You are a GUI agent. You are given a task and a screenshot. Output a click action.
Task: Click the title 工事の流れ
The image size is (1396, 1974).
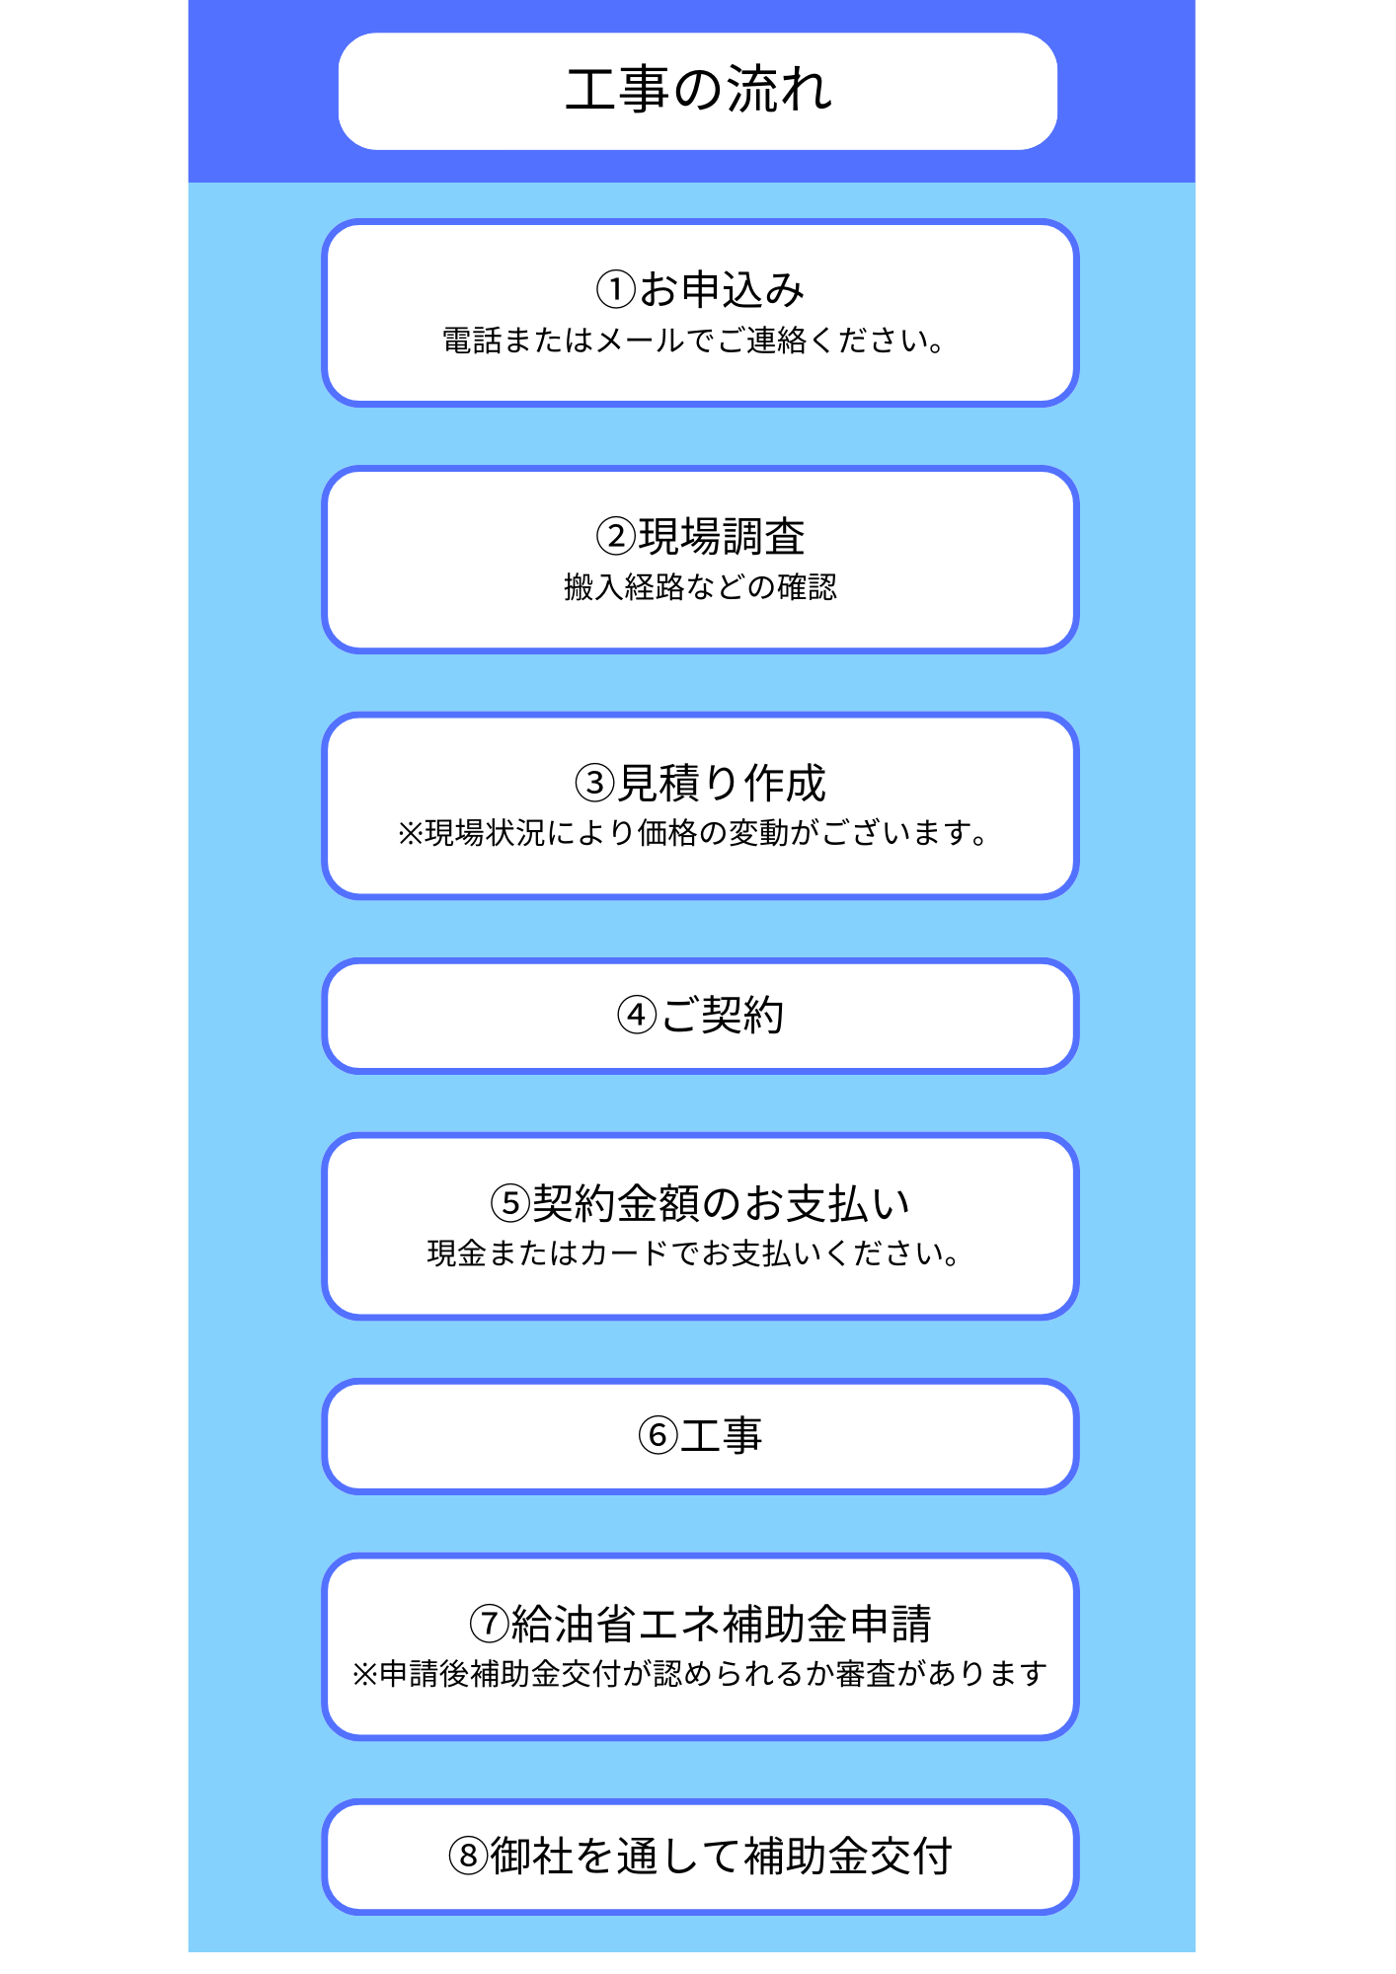[x=699, y=90]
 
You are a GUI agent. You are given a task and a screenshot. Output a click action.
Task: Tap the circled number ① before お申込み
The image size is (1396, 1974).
[x=616, y=290]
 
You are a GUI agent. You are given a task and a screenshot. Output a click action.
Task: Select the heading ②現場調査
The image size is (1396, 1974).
[x=700, y=537]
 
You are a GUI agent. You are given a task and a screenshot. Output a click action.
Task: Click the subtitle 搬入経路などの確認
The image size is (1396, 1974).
[x=700, y=587]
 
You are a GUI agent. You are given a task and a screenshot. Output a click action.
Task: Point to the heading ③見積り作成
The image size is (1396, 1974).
[x=700, y=784]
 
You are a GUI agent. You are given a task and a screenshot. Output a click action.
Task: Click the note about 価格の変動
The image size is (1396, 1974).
[x=692, y=834]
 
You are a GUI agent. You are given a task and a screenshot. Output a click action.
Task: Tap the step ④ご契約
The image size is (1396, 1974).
[x=700, y=1016]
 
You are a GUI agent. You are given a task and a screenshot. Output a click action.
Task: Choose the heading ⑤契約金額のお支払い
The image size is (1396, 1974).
[x=700, y=1203]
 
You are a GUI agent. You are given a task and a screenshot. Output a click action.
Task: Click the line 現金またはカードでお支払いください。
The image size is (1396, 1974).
[x=693, y=1253]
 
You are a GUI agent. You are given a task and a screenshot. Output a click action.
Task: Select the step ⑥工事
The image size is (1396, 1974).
[x=700, y=1436]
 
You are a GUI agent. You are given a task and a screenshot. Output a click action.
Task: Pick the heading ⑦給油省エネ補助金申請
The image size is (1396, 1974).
[x=700, y=1624]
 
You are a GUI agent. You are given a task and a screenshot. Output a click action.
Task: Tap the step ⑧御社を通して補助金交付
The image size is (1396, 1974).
[x=700, y=1856]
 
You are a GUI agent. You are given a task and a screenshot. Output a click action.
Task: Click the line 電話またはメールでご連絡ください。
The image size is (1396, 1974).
[x=693, y=341]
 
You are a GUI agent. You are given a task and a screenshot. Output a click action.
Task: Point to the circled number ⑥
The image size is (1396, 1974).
[x=658, y=1436]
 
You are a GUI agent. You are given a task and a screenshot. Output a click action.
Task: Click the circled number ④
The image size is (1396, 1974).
[x=636, y=1016]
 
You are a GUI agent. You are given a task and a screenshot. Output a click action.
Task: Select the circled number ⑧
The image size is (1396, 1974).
[x=468, y=1856]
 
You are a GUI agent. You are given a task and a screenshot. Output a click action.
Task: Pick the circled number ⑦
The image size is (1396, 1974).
[x=489, y=1624]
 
